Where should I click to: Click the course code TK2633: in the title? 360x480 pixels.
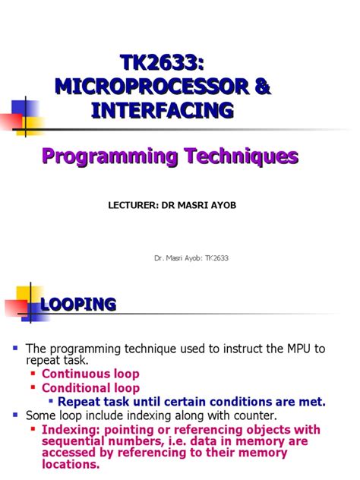(163, 63)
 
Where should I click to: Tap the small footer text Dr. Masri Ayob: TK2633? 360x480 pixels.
(191, 258)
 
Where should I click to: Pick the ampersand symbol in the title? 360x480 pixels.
(261, 87)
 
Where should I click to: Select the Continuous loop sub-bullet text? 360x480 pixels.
(90, 374)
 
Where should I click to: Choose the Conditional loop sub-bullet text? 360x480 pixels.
(90, 388)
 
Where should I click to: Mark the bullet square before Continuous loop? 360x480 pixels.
(33, 374)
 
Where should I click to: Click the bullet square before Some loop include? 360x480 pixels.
(15, 415)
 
